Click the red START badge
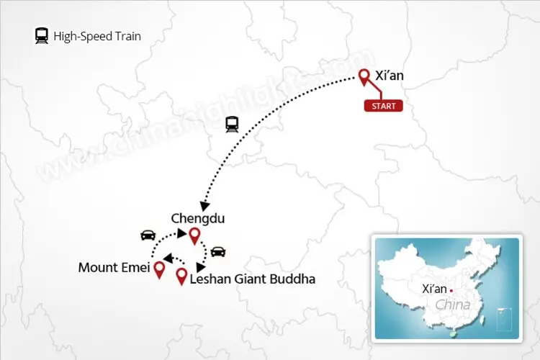[x=383, y=106]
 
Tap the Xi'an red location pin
[x=364, y=77]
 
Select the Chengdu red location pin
[x=194, y=235]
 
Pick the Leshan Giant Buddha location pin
[x=181, y=276]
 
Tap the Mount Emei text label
[x=114, y=269]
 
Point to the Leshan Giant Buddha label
[x=252, y=278]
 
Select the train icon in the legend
[x=42, y=36]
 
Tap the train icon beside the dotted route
[x=232, y=124]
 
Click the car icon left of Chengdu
[x=147, y=235]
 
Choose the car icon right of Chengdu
[x=217, y=251]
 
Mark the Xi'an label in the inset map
[x=434, y=289]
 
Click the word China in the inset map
[x=453, y=304]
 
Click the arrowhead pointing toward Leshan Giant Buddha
[x=201, y=266]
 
